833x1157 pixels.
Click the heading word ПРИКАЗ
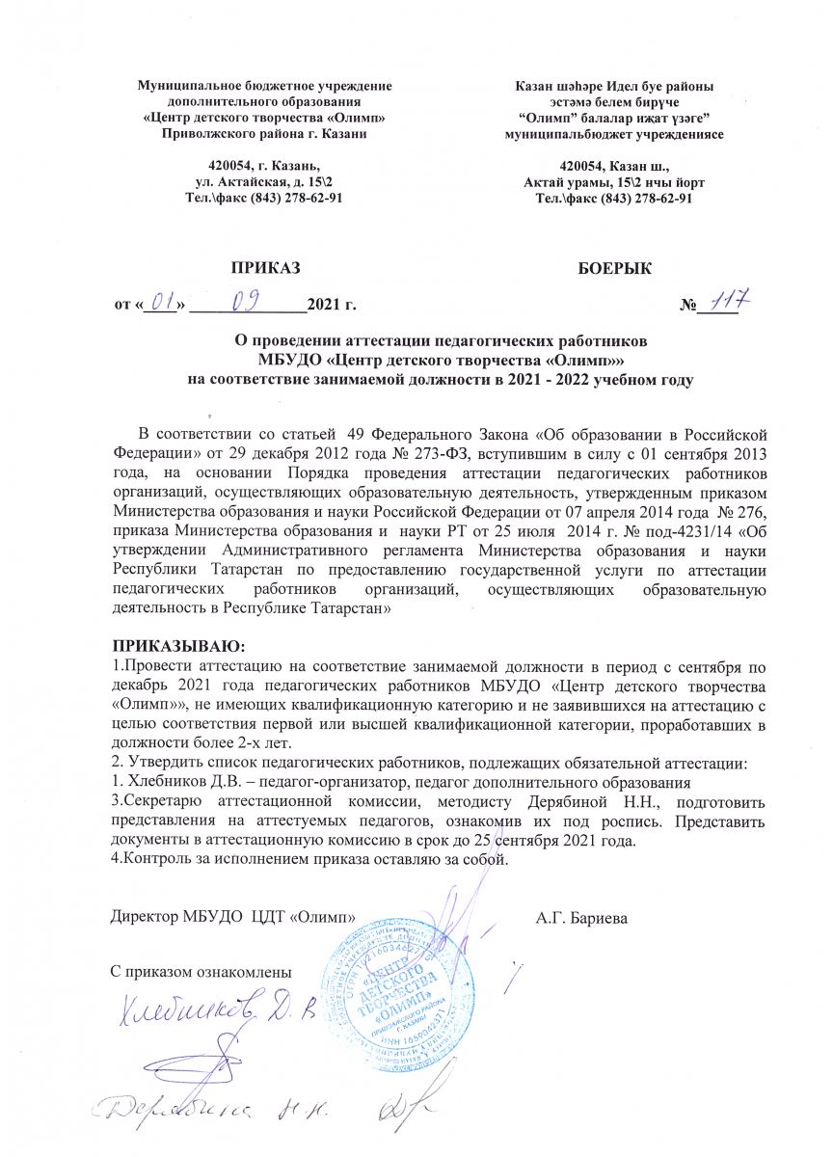(x=265, y=266)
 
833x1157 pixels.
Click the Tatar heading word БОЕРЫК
(x=613, y=266)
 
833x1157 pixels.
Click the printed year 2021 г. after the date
(x=331, y=307)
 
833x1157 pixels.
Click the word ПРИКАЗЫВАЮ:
(x=165, y=644)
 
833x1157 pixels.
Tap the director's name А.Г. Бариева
(x=581, y=918)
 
